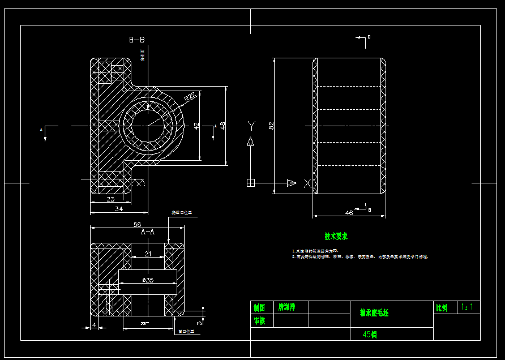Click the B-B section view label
coord(137,40)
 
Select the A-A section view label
coord(148,232)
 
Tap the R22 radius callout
coord(190,96)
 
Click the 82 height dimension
coord(271,125)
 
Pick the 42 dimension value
coord(196,126)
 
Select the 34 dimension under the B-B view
coord(119,209)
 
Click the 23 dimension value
coord(110,199)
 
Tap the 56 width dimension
coord(137,224)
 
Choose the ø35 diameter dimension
coord(148,280)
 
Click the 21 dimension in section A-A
coord(148,254)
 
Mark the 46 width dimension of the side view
coord(349,213)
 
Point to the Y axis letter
coord(251,125)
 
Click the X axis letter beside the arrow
coord(307,183)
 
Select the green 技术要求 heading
coord(336,236)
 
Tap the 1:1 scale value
coord(468,307)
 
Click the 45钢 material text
coord(370,335)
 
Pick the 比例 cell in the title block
coord(441,308)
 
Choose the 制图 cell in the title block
coord(259,308)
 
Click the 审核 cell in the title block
coord(259,321)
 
